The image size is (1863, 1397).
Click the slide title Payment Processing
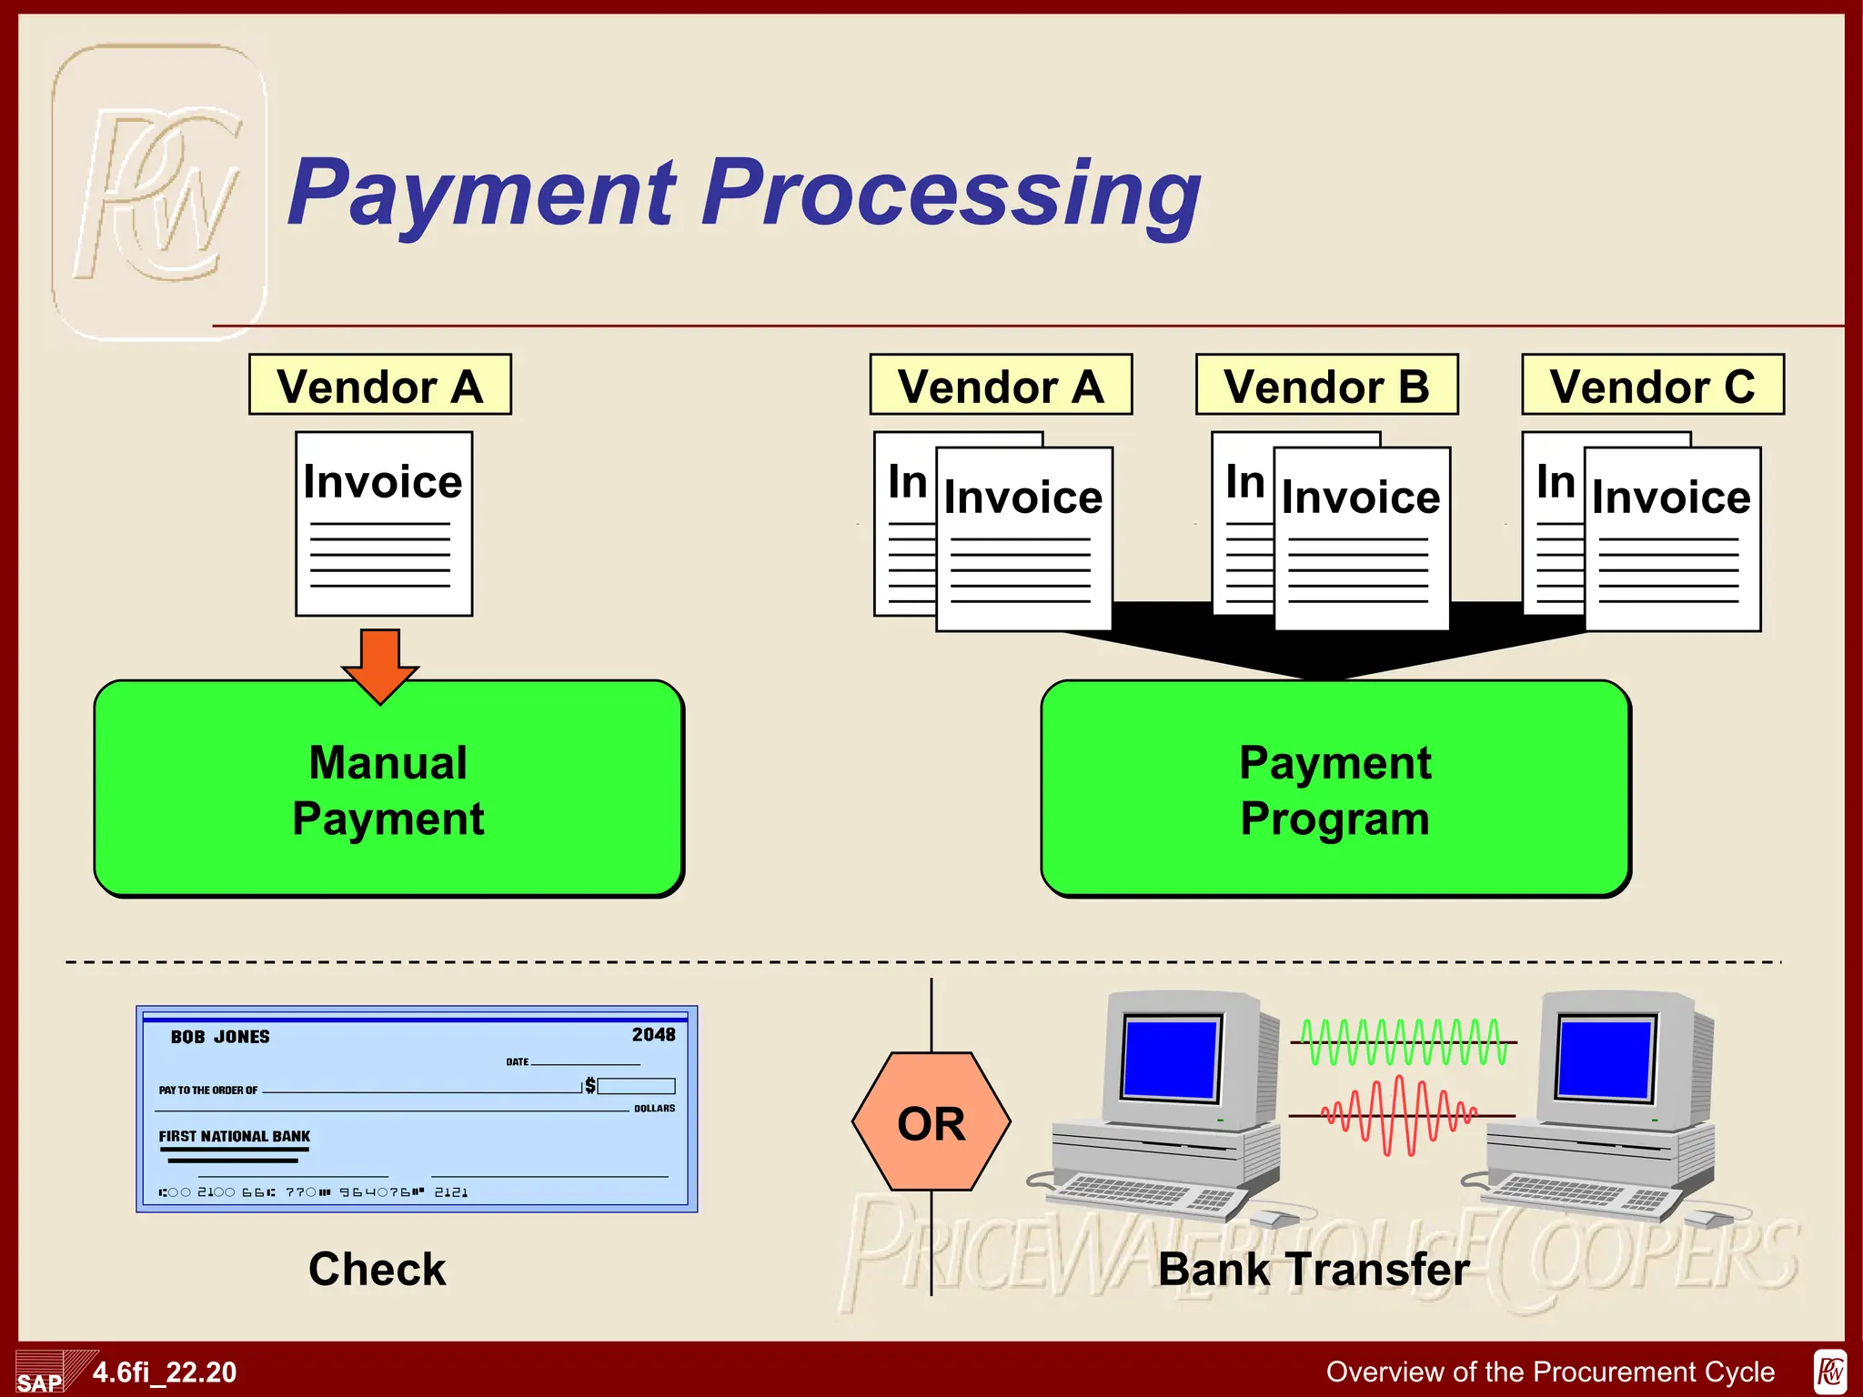tap(744, 193)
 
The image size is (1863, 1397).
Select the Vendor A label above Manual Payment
tap(380, 386)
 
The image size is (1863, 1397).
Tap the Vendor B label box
tap(1326, 386)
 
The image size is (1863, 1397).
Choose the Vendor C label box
tap(1652, 386)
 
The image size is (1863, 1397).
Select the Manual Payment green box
tap(388, 789)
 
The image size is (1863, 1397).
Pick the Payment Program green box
tap(1334, 789)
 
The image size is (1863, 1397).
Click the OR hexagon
tap(931, 1123)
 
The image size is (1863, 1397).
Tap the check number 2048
tap(653, 1035)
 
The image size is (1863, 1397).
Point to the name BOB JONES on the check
tap(220, 1037)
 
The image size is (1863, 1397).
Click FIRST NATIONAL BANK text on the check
tap(234, 1136)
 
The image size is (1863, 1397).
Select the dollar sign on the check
tap(590, 1085)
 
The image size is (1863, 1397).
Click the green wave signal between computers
tap(1404, 1042)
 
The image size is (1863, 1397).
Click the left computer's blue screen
tap(1170, 1058)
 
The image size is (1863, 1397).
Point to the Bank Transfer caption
tap(1313, 1269)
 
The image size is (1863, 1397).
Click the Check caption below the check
tap(377, 1269)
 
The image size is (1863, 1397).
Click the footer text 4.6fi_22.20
tap(165, 1372)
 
